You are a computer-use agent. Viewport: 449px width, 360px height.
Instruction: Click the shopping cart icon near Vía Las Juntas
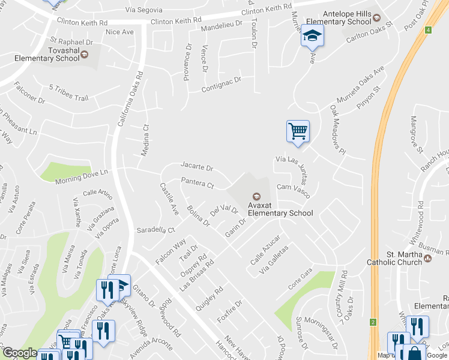298,131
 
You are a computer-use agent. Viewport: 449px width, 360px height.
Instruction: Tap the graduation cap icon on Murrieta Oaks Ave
312,37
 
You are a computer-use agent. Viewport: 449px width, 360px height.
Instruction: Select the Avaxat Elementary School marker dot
256,196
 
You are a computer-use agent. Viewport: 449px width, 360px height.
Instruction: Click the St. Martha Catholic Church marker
427,259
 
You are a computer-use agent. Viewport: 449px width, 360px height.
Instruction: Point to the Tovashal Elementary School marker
84,55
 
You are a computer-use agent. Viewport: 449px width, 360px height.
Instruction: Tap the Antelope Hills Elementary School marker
376,17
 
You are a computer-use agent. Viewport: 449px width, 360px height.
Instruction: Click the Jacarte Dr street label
197,167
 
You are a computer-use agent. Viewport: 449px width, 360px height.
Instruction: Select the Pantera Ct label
197,184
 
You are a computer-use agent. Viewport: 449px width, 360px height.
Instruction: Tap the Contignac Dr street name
220,84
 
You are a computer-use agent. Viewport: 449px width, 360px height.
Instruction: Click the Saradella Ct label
155,230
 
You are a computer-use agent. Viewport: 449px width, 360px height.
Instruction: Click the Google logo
20,352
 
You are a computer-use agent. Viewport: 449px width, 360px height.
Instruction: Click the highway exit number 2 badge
373,322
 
